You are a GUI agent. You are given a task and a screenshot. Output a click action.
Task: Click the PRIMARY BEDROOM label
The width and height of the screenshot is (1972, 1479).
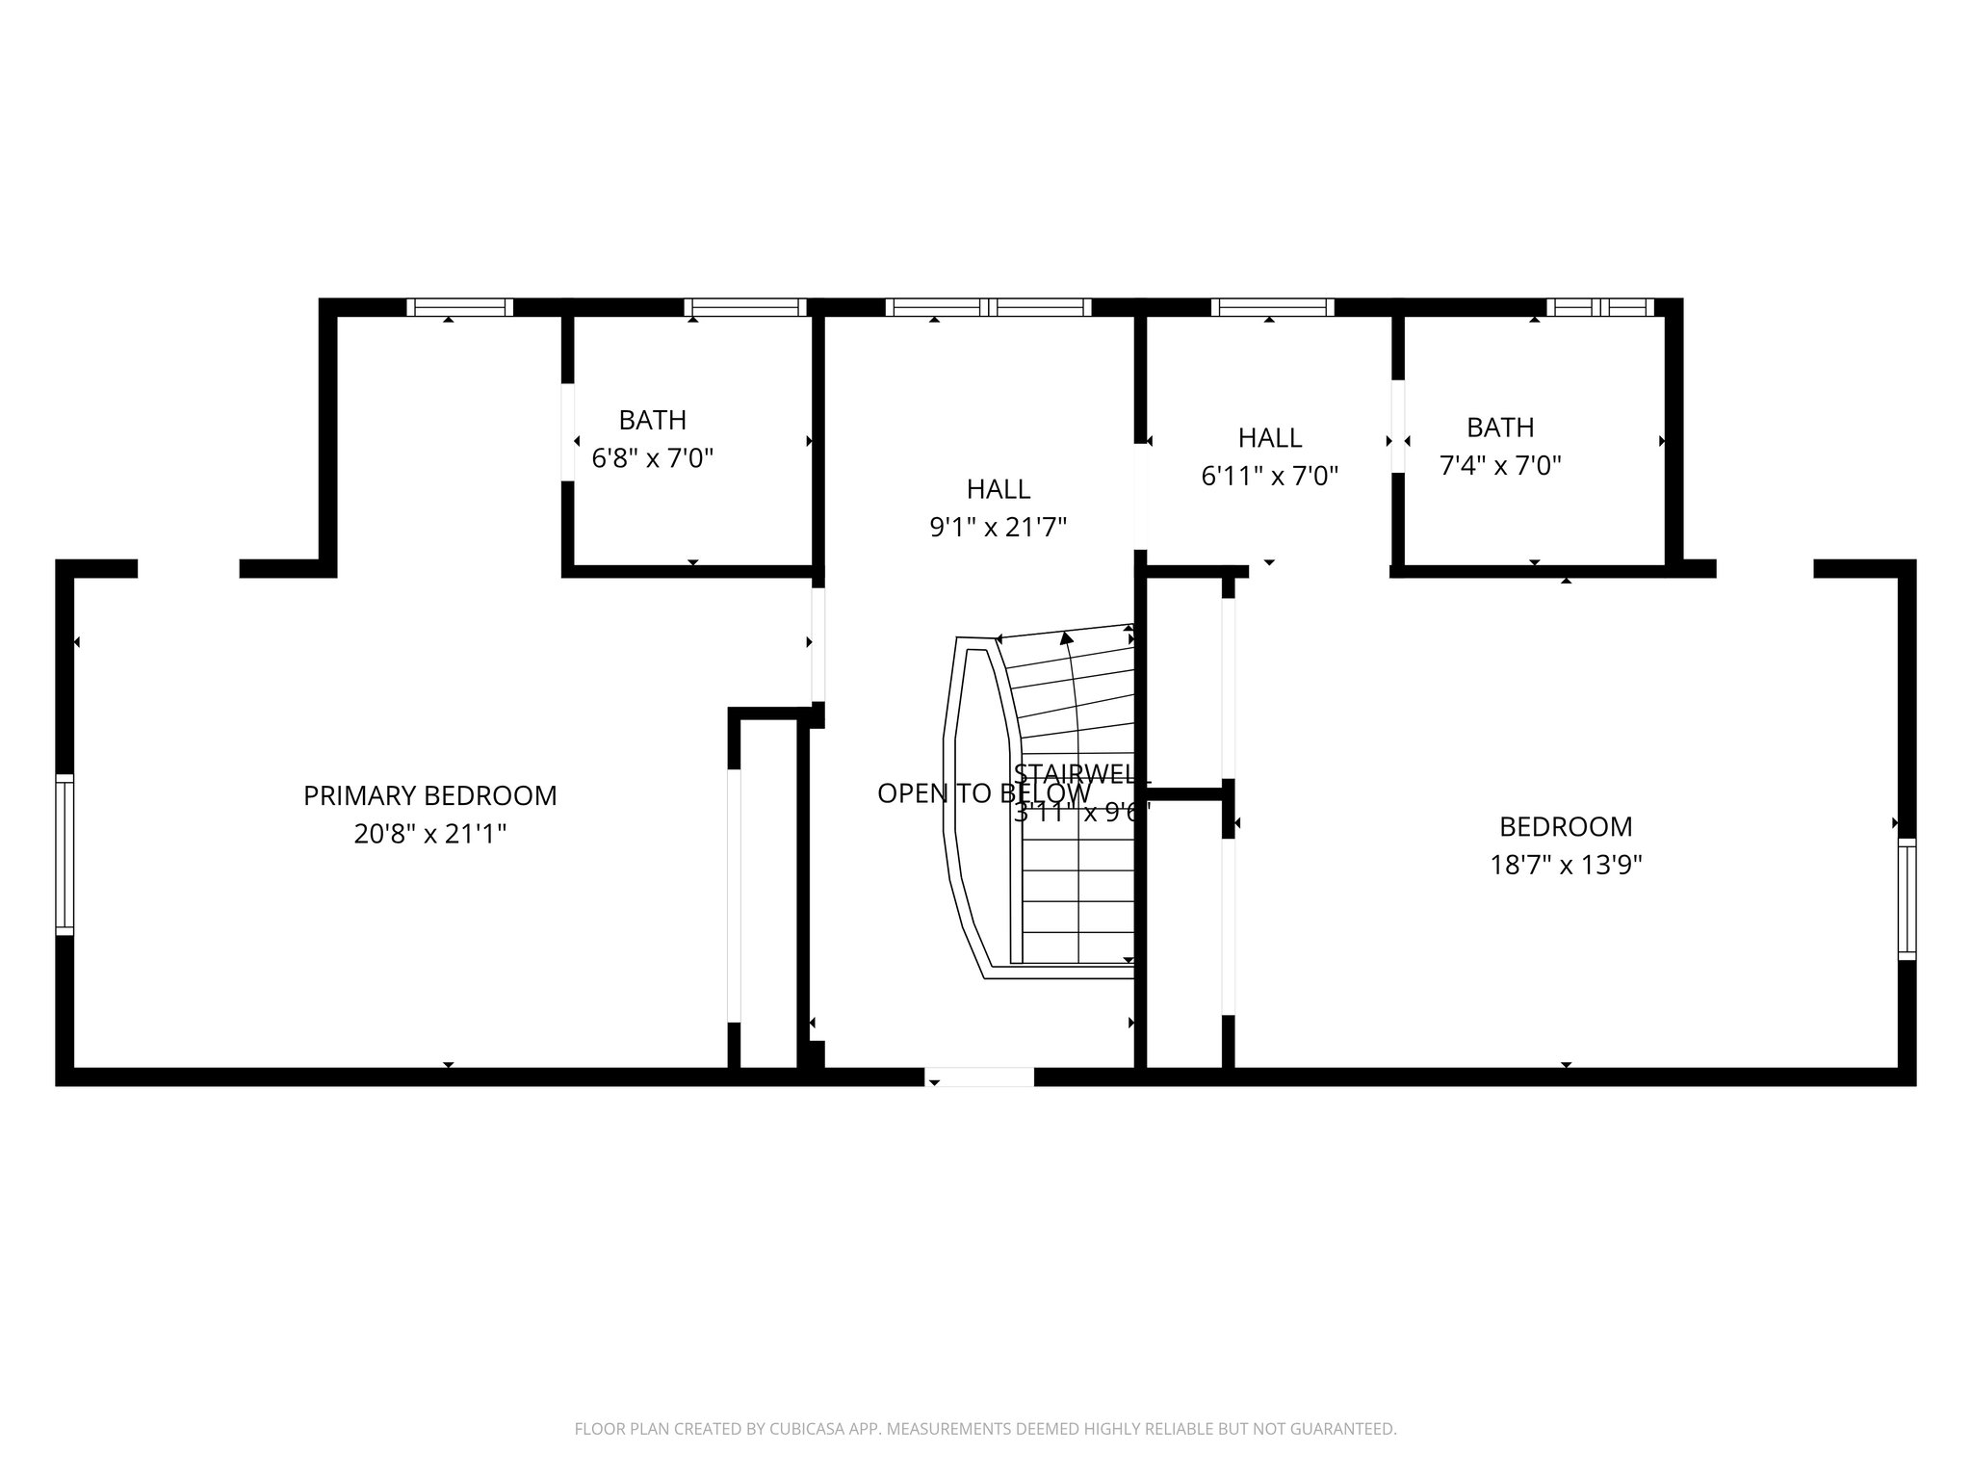[x=429, y=795]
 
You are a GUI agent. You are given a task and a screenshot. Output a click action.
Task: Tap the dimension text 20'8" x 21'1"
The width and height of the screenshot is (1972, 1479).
[x=429, y=834]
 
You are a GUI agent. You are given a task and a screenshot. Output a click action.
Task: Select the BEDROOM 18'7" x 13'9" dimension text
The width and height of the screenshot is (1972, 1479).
[x=1566, y=865]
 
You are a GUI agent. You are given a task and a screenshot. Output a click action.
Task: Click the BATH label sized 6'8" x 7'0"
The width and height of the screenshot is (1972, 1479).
[x=652, y=421]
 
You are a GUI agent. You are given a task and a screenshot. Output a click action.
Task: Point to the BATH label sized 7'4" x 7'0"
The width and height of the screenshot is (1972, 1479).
[x=1499, y=428]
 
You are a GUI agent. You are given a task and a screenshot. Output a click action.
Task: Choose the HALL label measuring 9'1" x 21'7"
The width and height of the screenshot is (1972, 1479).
[x=999, y=489]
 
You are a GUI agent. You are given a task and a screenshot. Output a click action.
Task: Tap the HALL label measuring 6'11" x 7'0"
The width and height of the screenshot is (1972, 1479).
[x=1269, y=438]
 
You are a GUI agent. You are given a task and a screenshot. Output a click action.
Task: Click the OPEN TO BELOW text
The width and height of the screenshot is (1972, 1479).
[x=939, y=793]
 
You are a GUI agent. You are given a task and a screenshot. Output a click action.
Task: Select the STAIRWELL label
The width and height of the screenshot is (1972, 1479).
[x=1081, y=773]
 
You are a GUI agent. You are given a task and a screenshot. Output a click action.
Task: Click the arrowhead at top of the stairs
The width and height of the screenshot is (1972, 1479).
[x=1066, y=637]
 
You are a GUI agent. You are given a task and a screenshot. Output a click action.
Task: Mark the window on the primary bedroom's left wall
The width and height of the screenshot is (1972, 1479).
[x=65, y=854]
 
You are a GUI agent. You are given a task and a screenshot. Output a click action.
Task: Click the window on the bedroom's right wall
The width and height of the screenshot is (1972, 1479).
[x=1907, y=898]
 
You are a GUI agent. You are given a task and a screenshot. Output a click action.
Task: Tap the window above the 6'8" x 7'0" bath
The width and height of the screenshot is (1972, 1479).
[x=745, y=307]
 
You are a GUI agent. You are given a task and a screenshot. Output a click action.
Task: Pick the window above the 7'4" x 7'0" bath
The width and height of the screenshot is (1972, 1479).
[x=1600, y=307]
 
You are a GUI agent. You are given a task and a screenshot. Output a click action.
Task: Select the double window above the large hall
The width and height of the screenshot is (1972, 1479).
[x=988, y=307]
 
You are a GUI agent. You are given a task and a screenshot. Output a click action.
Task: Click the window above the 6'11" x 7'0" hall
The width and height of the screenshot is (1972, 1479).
[x=1272, y=307]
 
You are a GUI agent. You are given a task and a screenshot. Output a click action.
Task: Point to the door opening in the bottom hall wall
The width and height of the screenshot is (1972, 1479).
[x=979, y=1077]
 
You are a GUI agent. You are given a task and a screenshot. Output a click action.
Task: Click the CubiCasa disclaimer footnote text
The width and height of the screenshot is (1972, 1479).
[x=985, y=1429]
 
